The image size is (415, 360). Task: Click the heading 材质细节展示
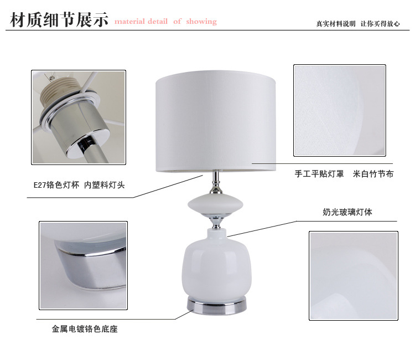59,19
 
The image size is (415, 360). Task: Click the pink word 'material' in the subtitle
129,22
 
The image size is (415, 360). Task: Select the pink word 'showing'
201,22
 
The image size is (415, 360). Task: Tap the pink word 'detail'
158,21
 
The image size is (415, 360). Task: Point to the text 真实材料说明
336,24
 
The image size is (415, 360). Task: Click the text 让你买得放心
380,24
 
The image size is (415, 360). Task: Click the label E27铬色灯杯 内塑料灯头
79,184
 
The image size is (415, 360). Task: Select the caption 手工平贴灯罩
319,174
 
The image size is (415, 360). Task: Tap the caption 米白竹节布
373,174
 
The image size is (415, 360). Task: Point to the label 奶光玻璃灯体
347,212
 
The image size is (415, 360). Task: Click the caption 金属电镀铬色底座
85,329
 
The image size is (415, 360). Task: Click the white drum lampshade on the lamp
216,121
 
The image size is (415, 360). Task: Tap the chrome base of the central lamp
217,305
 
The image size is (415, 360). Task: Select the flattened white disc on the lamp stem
215,204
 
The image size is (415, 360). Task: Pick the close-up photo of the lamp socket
79,117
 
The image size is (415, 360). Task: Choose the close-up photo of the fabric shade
340,110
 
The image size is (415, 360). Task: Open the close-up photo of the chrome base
84,265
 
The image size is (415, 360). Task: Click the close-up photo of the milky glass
354,276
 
